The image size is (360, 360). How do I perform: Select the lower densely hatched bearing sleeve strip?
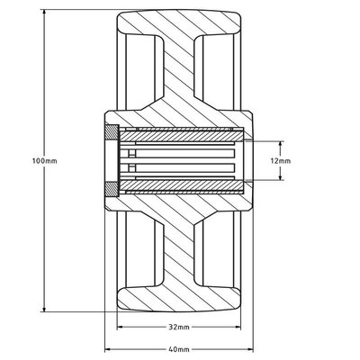(x=180, y=187)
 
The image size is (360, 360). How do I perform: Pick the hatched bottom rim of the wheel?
(x=180, y=301)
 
